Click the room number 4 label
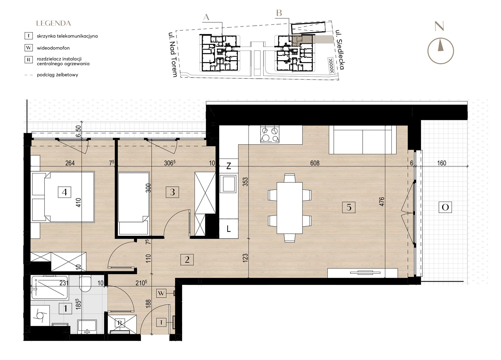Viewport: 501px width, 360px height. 64,192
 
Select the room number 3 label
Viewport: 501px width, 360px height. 172,192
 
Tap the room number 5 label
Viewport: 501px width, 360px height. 349,207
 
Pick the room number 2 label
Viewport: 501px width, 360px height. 187,260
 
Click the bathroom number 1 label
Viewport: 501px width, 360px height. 65,309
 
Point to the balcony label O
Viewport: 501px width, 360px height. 445,207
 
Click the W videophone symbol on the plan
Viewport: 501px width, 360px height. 161,293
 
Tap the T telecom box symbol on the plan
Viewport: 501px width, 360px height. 161,323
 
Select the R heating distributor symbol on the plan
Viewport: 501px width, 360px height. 120,323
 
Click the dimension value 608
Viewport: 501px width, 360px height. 315,163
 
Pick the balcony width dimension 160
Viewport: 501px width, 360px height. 442,163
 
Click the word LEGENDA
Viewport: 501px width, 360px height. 53,23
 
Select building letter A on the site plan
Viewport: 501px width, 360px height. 206,17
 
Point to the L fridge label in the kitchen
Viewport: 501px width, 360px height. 229,229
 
